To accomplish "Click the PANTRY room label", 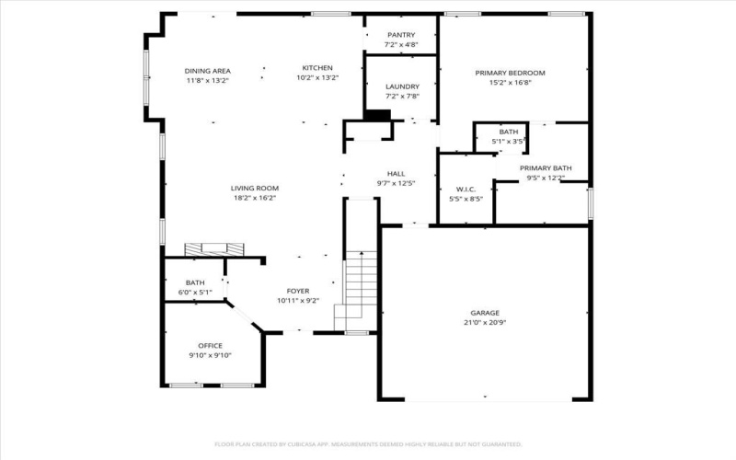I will coord(402,35).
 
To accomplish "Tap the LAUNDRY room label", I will coord(402,86).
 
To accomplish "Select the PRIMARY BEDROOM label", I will coord(510,73).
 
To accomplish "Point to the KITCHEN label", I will coord(317,68).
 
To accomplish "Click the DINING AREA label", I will coord(207,71).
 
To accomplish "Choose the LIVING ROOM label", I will coord(254,188).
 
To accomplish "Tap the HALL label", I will coord(396,173).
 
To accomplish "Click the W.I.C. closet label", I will coord(466,189).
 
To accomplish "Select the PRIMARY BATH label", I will coord(546,167).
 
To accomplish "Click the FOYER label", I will coord(298,291).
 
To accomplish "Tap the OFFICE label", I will coord(211,346).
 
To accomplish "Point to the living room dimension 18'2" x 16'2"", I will coord(254,197).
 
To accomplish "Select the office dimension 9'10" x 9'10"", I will coord(211,355).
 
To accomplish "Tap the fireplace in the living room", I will coord(214,248).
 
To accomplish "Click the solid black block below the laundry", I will coord(377,115).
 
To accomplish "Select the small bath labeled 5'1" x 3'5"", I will coord(509,136).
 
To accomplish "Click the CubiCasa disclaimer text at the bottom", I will coord(368,443).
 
